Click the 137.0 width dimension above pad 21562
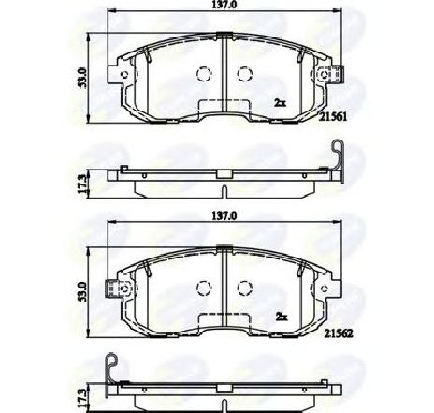tap(224, 215)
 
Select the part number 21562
tap(339, 333)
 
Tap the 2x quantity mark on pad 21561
tap(280, 102)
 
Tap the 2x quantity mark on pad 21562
tap(282, 317)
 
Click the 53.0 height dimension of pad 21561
tap(83, 78)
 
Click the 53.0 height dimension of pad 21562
tap(82, 292)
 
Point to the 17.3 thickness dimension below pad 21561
tap(81, 184)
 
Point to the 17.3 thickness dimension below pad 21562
tap(81, 398)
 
